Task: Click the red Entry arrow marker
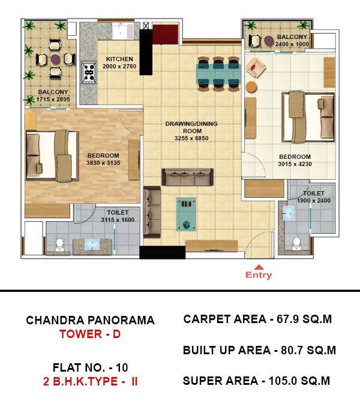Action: point(259,267)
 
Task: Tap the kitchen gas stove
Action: point(89,73)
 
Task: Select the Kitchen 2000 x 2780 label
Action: point(119,63)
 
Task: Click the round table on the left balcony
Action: point(55,59)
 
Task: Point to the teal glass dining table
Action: point(218,74)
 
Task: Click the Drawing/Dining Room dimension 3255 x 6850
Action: point(191,138)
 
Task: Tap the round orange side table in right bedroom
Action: point(251,87)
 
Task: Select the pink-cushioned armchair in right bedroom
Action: point(256,68)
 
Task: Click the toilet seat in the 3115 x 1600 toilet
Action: point(59,245)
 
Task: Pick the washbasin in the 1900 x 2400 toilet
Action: point(289,213)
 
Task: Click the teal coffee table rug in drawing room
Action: point(186,214)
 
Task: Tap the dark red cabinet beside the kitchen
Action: point(165,34)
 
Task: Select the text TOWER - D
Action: point(90,334)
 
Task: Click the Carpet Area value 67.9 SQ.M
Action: point(304,319)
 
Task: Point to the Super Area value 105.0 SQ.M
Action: point(299,381)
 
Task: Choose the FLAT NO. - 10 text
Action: point(90,367)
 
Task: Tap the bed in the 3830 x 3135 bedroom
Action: point(52,155)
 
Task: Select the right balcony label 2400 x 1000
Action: point(292,44)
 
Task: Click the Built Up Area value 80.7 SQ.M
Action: point(308,350)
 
